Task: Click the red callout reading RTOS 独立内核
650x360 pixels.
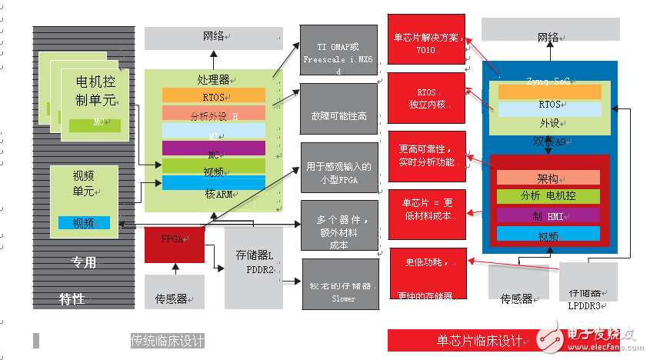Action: tap(425, 98)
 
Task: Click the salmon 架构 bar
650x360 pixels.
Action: tap(548, 178)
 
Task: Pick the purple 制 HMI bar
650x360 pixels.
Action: tap(548, 215)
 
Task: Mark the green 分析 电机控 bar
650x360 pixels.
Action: tap(548, 196)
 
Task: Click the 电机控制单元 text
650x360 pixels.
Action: tap(96, 90)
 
